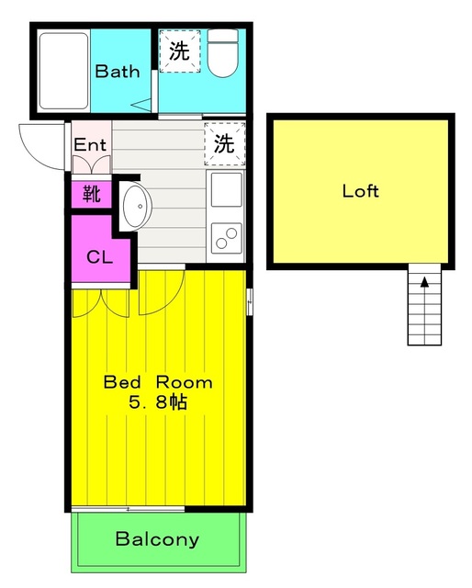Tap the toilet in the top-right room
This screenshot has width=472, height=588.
221,54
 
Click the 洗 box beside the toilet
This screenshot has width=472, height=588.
179,51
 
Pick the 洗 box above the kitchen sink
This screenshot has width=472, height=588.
225,142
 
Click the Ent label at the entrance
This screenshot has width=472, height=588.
90,144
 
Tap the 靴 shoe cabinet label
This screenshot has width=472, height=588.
92,194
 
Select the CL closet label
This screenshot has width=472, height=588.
99,256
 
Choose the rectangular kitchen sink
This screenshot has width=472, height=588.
226,190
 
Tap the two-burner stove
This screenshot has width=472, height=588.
226,237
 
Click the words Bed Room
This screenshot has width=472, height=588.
157,382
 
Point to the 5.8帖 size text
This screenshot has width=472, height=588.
157,402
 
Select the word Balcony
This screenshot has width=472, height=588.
157,539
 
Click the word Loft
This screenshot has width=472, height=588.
360,192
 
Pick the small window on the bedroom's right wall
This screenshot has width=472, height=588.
250,301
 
